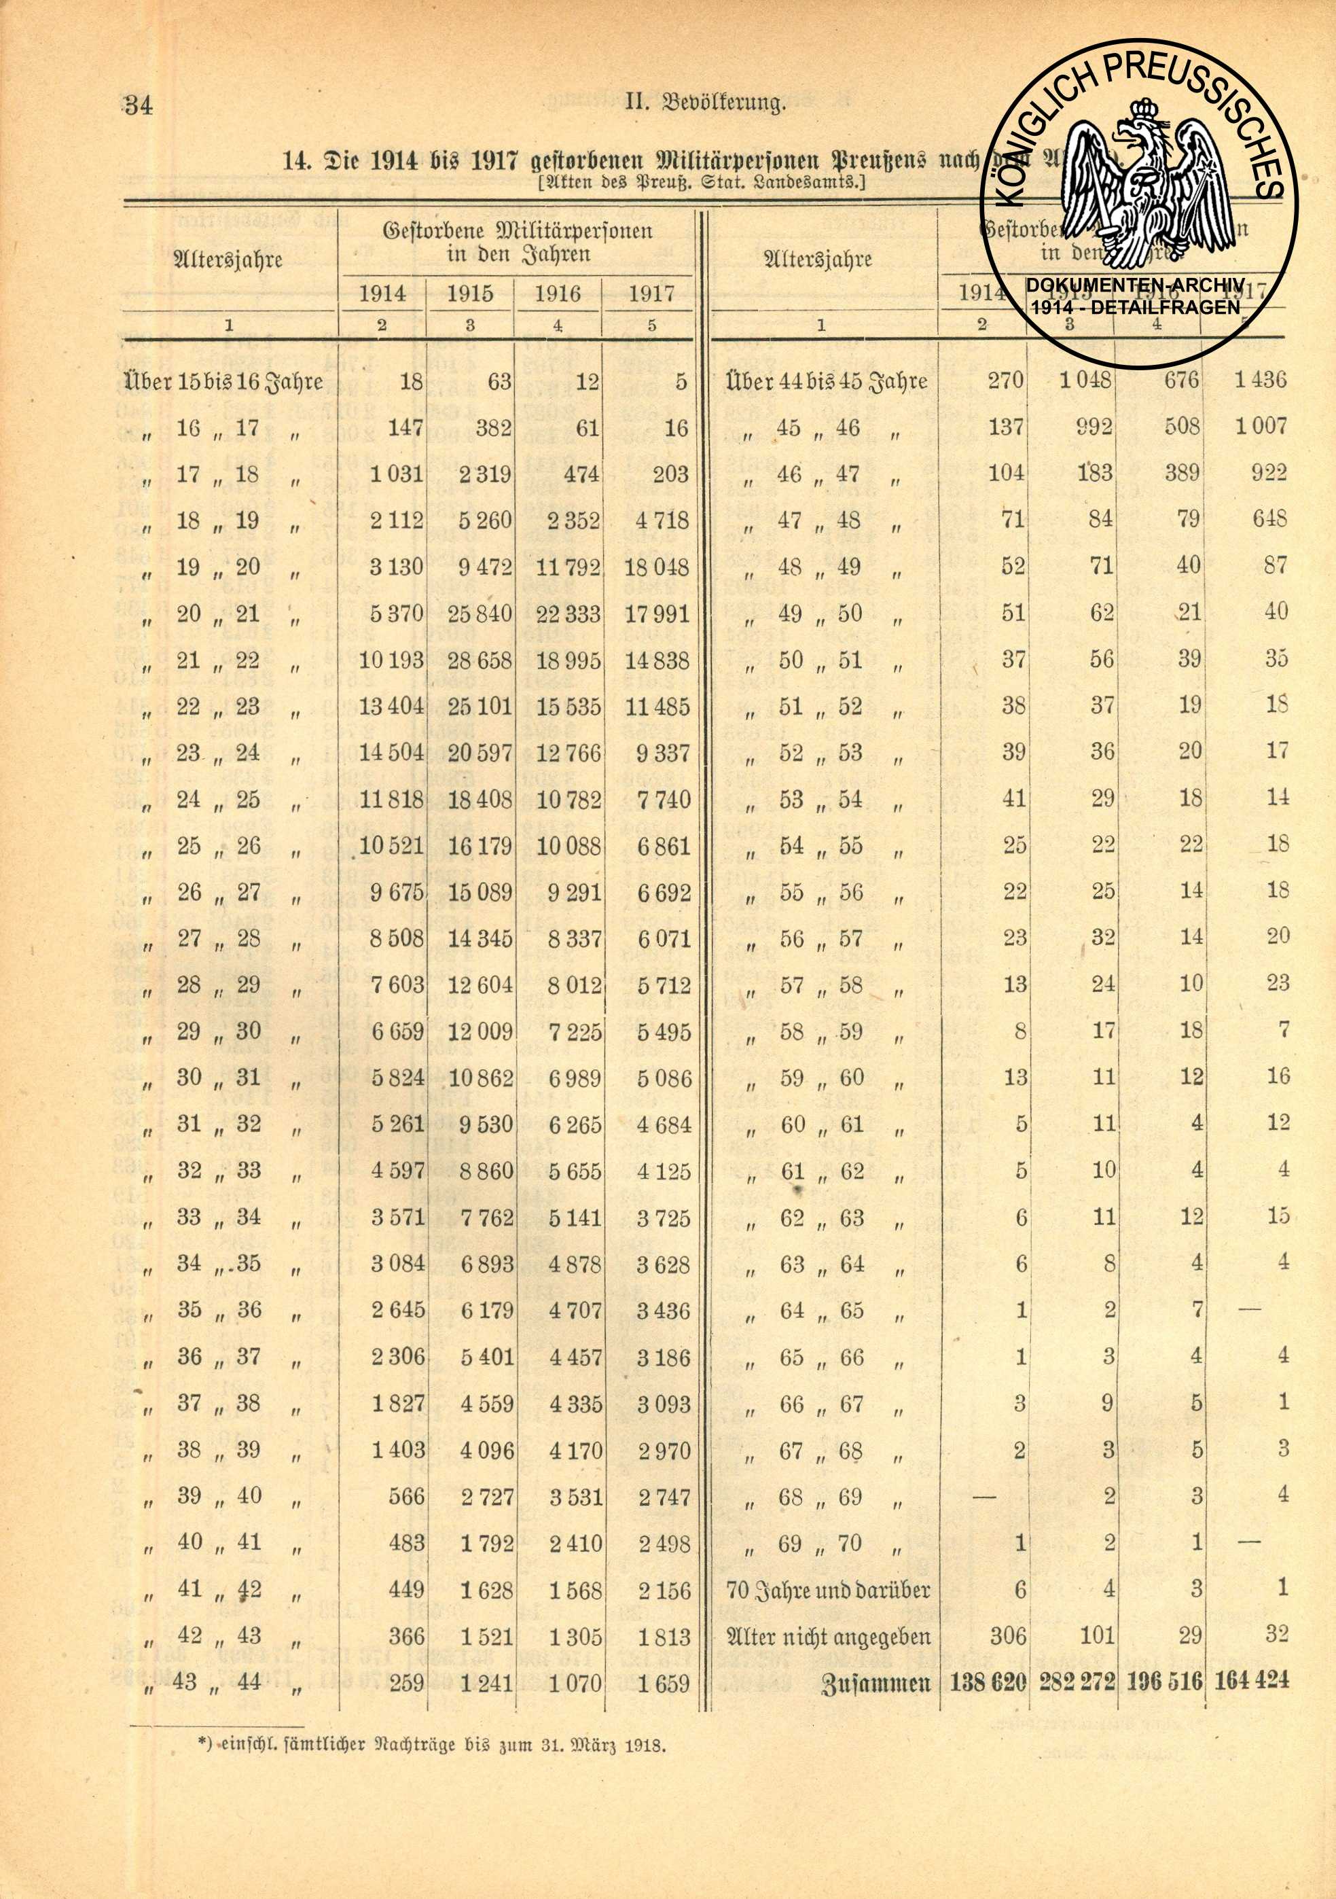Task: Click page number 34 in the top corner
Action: point(138,105)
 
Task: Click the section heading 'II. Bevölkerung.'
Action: point(704,104)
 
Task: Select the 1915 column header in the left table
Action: point(469,294)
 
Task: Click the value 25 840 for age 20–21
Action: point(480,614)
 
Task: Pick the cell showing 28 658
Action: point(480,660)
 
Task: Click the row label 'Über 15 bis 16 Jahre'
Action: point(223,381)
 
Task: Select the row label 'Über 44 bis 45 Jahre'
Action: point(826,381)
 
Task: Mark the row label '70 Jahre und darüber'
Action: point(827,1590)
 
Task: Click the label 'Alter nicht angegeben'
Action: point(827,1636)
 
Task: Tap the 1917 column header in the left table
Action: point(651,294)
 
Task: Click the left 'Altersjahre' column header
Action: point(229,260)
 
